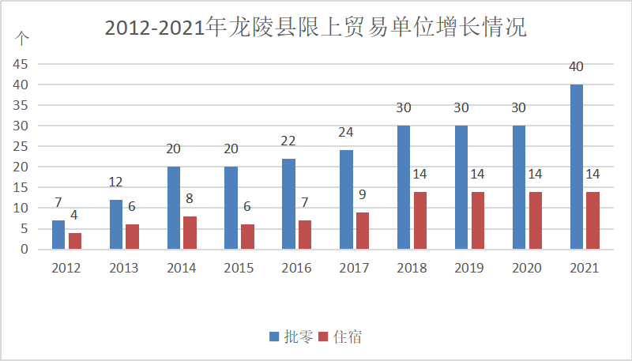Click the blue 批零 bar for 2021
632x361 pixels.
pyautogui.click(x=577, y=167)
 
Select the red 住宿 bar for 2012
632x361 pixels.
pyautogui.click(x=75, y=241)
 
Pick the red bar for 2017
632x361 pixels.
pyautogui.click(x=362, y=231)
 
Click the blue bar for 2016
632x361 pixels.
pyautogui.click(x=288, y=204)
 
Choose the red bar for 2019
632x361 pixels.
pyautogui.click(x=477, y=220)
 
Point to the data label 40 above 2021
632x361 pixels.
pyautogui.click(x=577, y=66)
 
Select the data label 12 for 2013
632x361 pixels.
pyautogui.click(x=116, y=182)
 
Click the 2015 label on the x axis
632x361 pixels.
pyautogui.click(x=239, y=268)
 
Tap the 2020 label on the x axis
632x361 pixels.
pyautogui.click(x=527, y=268)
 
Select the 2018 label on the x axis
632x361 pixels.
pyautogui.click(x=412, y=268)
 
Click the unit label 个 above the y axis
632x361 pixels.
pyautogui.click(x=23, y=37)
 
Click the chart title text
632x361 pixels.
pyautogui.click(x=315, y=28)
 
